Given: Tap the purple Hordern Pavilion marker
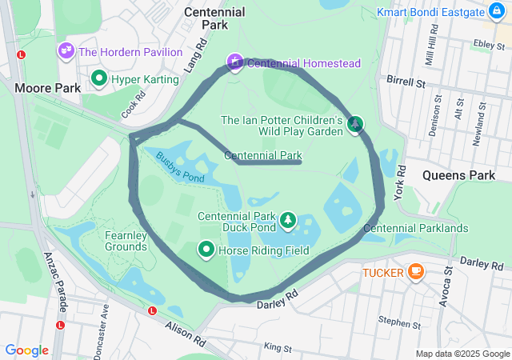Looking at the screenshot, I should click(66, 52).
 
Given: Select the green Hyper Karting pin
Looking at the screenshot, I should click(99, 78).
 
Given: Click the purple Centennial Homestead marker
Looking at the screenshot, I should click(234, 62).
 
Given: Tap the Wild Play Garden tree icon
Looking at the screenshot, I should click(354, 124).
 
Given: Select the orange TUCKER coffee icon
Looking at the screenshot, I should click(415, 272).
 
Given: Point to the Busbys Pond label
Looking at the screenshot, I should click(180, 167).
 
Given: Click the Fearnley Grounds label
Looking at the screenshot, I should click(126, 241).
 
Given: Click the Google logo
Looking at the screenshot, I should click(26, 350).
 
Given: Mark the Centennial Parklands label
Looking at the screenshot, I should click(415, 228).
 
